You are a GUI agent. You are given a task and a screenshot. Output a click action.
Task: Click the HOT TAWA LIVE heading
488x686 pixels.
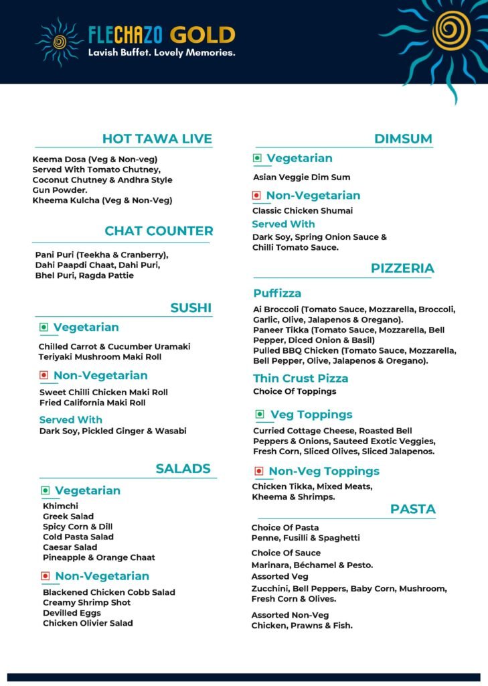tap(157, 139)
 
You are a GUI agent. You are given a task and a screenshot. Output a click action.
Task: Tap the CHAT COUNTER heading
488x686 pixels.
tap(159, 231)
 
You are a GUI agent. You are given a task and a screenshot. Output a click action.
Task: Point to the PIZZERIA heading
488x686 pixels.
tap(402, 269)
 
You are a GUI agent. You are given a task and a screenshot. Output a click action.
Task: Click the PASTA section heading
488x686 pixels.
tap(413, 509)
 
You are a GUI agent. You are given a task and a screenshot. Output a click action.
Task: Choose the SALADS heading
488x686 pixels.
tap(183, 468)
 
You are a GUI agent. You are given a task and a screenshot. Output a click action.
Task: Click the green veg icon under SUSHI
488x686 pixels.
tap(44, 328)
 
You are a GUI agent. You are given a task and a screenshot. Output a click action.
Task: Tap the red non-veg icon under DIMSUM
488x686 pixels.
tap(256, 196)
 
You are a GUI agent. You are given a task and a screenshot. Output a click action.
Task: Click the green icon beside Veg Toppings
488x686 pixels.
tap(259, 415)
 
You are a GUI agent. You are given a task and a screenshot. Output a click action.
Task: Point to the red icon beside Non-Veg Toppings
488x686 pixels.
tap(258, 471)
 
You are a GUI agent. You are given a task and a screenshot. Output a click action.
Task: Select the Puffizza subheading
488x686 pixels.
tap(277, 293)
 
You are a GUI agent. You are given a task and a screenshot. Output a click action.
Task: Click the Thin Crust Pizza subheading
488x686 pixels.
tap(301, 379)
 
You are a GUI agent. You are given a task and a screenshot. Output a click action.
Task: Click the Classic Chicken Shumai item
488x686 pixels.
tap(303, 211)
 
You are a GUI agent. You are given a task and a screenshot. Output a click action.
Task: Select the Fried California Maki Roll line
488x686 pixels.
tap(92, 403)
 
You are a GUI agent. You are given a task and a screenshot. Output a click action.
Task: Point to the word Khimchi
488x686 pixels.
tap(60, 506)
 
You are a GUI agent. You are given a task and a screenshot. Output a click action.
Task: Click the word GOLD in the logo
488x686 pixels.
tap(202, 35)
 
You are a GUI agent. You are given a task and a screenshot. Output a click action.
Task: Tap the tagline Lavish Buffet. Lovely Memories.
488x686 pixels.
tap(162, 53)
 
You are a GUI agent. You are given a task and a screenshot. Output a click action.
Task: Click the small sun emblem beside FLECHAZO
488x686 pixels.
tap(59, 42)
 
